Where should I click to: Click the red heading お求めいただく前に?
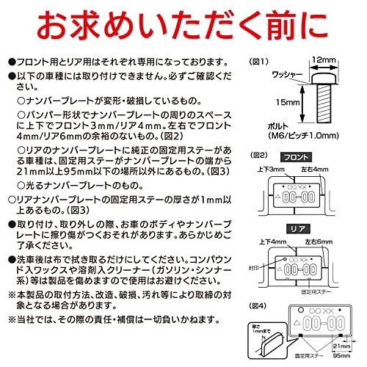point(183,27)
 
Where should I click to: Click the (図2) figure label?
point(259,155)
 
